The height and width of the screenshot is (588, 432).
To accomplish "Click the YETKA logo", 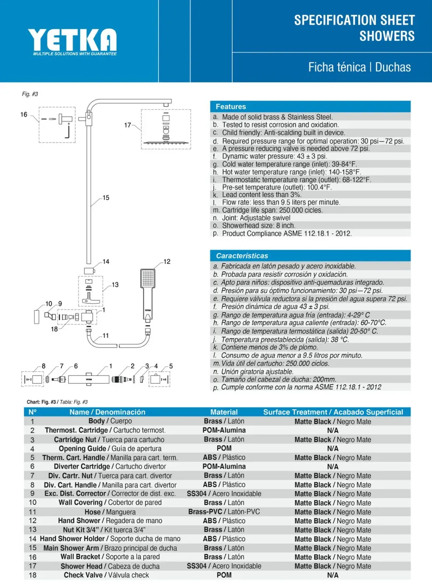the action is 72,42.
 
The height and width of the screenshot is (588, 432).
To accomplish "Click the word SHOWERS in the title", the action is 387,36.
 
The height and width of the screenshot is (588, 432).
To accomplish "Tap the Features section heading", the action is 231,107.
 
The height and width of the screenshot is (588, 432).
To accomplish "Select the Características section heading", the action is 242,256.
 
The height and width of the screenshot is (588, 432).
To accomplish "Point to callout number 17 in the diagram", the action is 127,125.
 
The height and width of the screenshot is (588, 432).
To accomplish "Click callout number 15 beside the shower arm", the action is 106,198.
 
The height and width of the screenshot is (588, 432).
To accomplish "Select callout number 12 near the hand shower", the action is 167,261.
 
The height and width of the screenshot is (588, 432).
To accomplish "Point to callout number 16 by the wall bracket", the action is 24,114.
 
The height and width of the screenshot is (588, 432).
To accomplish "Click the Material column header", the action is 224,412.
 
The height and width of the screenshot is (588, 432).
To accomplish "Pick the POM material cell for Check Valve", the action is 224,575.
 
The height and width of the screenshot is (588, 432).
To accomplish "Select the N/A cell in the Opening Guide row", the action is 333,448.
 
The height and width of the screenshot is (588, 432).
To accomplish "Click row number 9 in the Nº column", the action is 32,493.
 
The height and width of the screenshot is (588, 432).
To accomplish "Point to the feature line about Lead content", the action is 262,194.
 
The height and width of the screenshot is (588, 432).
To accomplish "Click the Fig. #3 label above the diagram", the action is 30,94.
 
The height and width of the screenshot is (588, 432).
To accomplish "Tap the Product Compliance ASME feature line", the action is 287,233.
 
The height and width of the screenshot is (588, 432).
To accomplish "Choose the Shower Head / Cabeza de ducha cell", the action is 110,566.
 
